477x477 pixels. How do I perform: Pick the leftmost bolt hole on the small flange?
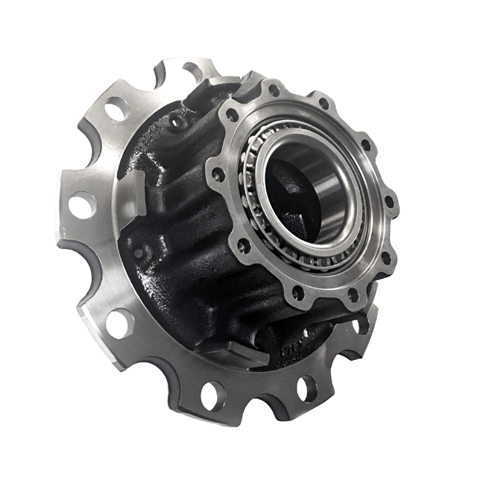point(217,174)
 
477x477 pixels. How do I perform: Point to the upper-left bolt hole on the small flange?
point(233,115)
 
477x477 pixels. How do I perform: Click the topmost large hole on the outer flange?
point(192,72)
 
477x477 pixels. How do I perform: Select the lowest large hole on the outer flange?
point(212,394)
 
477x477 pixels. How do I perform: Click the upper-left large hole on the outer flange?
point(116,110)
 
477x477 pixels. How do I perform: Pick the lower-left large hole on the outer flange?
point(119,322)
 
